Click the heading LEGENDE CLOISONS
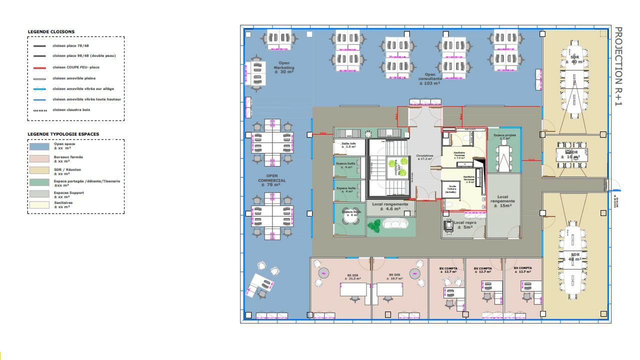pyautogui.click(x=51, y=32)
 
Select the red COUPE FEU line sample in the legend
pyautogui.click(x=39, y=67)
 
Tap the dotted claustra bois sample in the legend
pyautogui.click(x=39, y=110)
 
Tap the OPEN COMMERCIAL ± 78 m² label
pyautogui.click(x=271, y=180)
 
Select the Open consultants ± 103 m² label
pyautogui.click(x=429, y=78)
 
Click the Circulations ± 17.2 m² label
pyautogui.click(x=425, y=157)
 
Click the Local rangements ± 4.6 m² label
pyautogui.click(x=390, y=206)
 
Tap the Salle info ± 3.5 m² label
pyautogui.click(x=348, y=145)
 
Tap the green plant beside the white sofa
pyautogui.click(x=374, y=225)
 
